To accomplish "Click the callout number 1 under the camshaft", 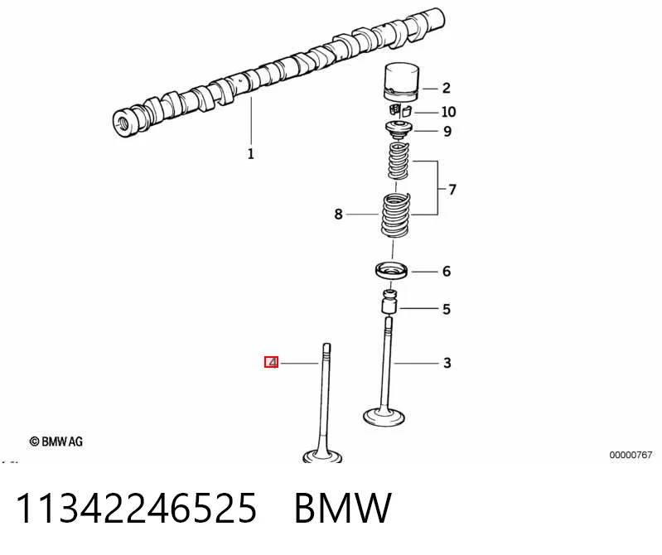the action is click(251, 154).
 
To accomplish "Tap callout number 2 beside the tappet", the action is click(447, 88).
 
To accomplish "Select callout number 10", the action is click(448, 112).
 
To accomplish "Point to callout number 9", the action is click(447, 131).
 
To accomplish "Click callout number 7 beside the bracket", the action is click(452, 190).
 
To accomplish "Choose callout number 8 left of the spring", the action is click(338, 214).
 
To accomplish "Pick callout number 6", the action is click(447, 271).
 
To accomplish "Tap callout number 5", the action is click(447, 309).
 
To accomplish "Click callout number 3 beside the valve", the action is click(447, 363).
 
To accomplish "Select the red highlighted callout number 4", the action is click(272, 362).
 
